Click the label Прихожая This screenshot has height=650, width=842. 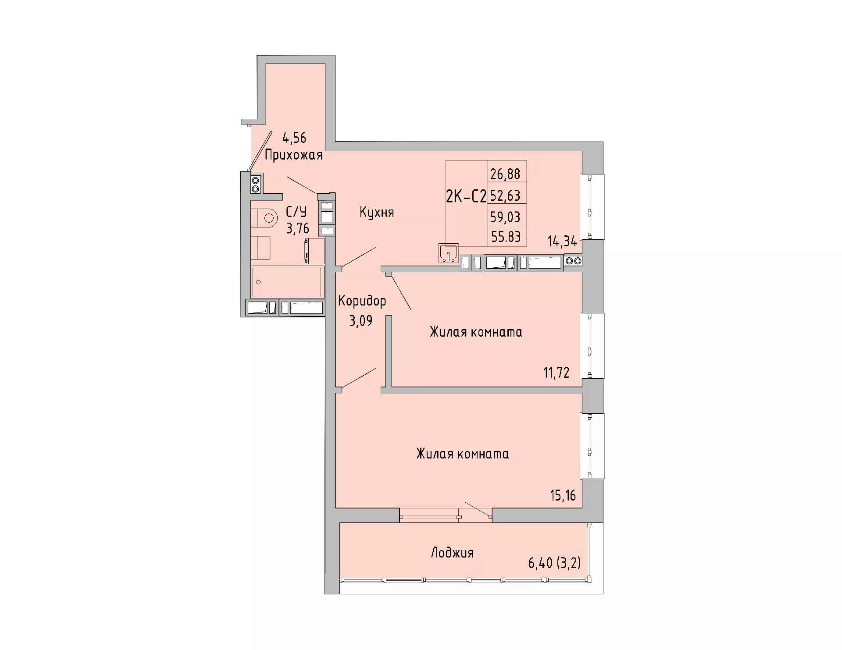click(x=293, y=155)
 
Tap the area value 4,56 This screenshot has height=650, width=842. click(x=294, y=138)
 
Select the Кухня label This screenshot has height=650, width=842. click(x=377, y=213)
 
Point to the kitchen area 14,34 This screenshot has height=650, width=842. click(x=562, y=241)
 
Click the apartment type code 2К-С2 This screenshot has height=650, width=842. click(x=466, y=197)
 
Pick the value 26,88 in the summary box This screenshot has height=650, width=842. click(x=505, y=174)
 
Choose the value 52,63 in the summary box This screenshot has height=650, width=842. click(x=505, y=195)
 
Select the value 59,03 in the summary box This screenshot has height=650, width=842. click(x=505, y=217)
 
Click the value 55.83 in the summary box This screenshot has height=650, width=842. click(x=506, y=237)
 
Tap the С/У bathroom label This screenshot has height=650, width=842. click(x=296, y=212)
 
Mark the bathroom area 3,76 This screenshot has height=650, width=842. click(x=298, y=228)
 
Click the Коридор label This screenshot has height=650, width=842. click(x=362, y=301)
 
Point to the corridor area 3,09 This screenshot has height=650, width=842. click(x=360, y=321)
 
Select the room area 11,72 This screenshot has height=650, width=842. click(x=557, y=373)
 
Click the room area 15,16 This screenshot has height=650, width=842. click(x=563, y=495)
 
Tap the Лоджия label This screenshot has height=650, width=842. click(x=452, y=553)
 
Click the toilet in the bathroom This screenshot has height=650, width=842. click(x=264, y=218)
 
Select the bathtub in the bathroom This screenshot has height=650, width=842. click(x=287, y=281)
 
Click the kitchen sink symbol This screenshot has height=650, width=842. click(x=448, y=253)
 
